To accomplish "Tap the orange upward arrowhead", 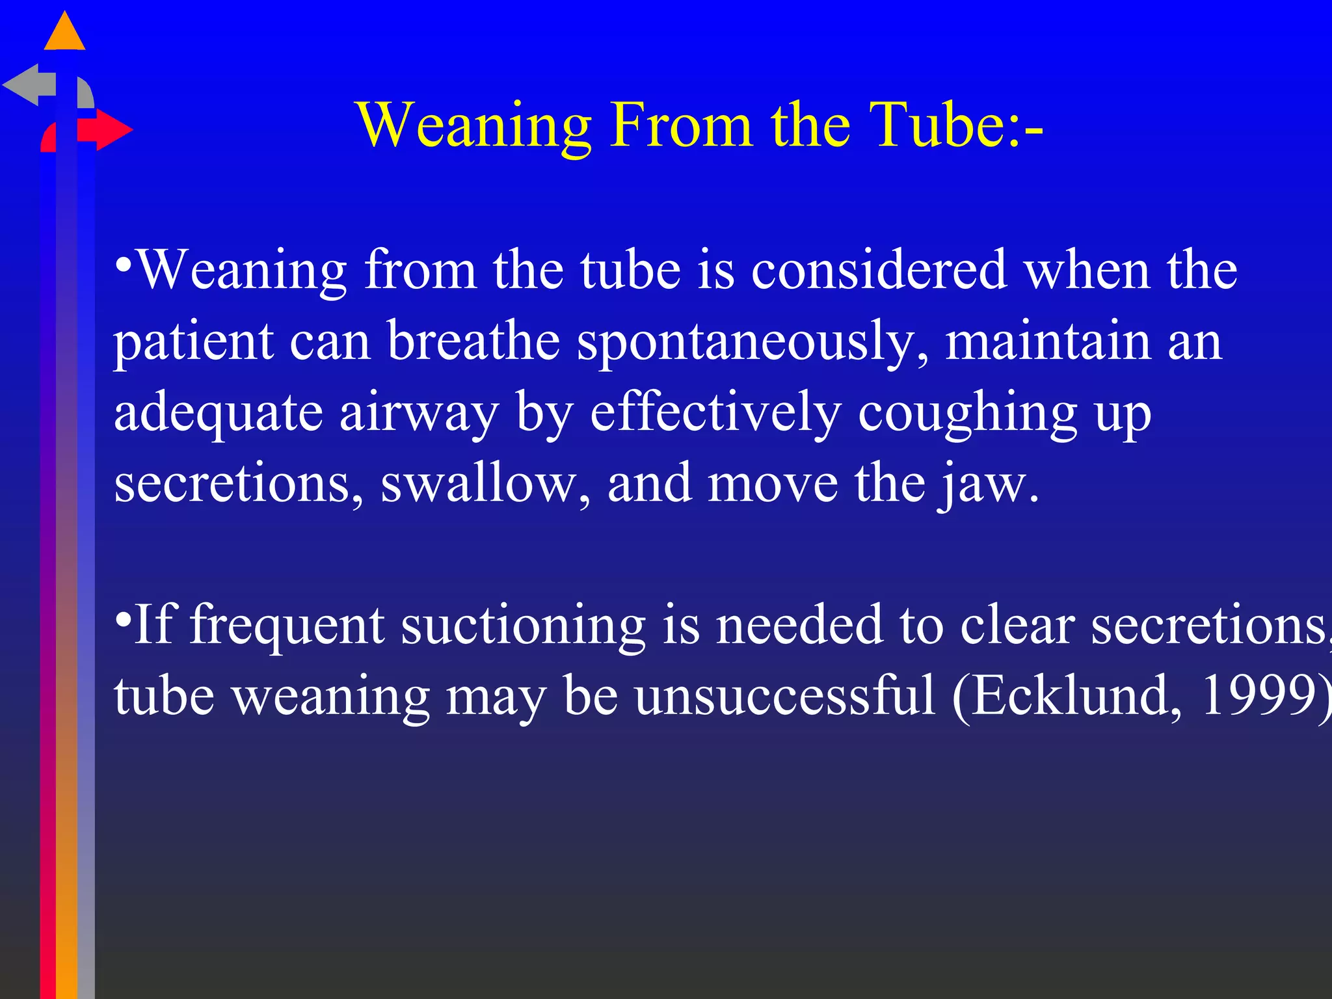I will [x=64, y=33].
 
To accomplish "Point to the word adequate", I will [x=219, y=414].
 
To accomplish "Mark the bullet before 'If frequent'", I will [x=122, y=617].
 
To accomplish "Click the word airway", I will [x=419, y=414].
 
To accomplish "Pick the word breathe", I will [x=473, y=341].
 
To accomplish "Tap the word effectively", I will [x=715, y=414].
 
